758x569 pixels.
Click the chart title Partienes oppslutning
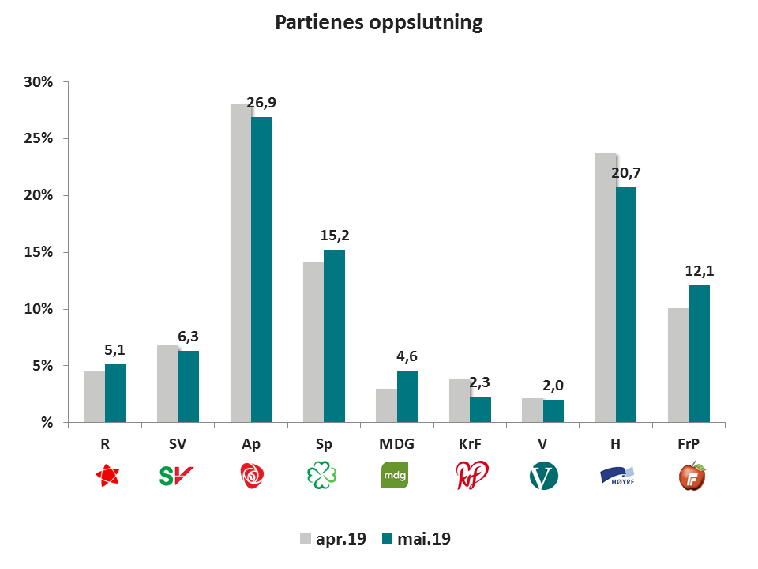click(378, 23)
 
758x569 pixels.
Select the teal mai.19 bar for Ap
click(261, 269)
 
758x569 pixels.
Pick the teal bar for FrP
click(699, 353)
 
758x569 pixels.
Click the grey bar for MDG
click(386, 405)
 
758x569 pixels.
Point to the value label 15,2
click(334, 236)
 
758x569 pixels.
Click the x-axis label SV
click(178, 444)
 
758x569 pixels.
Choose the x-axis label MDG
click(396, 444)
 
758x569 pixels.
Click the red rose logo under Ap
click(251, 476)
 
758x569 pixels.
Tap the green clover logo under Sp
click(324, 476)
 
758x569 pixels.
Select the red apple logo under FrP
click(692, 476)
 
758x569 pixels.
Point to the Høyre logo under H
click(617, 476)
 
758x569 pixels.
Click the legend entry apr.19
click(332, 539)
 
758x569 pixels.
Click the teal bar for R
click(115, 393)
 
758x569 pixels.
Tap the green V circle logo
click(543, 476)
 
